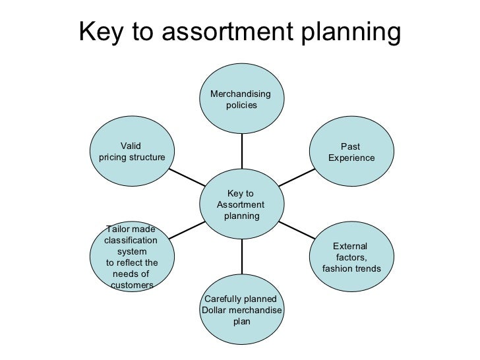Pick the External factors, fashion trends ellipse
tap(351, 256)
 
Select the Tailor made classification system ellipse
tap(131, 256)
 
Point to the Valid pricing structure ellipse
tap(131, 153)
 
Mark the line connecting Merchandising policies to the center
tap(241, 151)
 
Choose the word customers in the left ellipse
tap(133, 285)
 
